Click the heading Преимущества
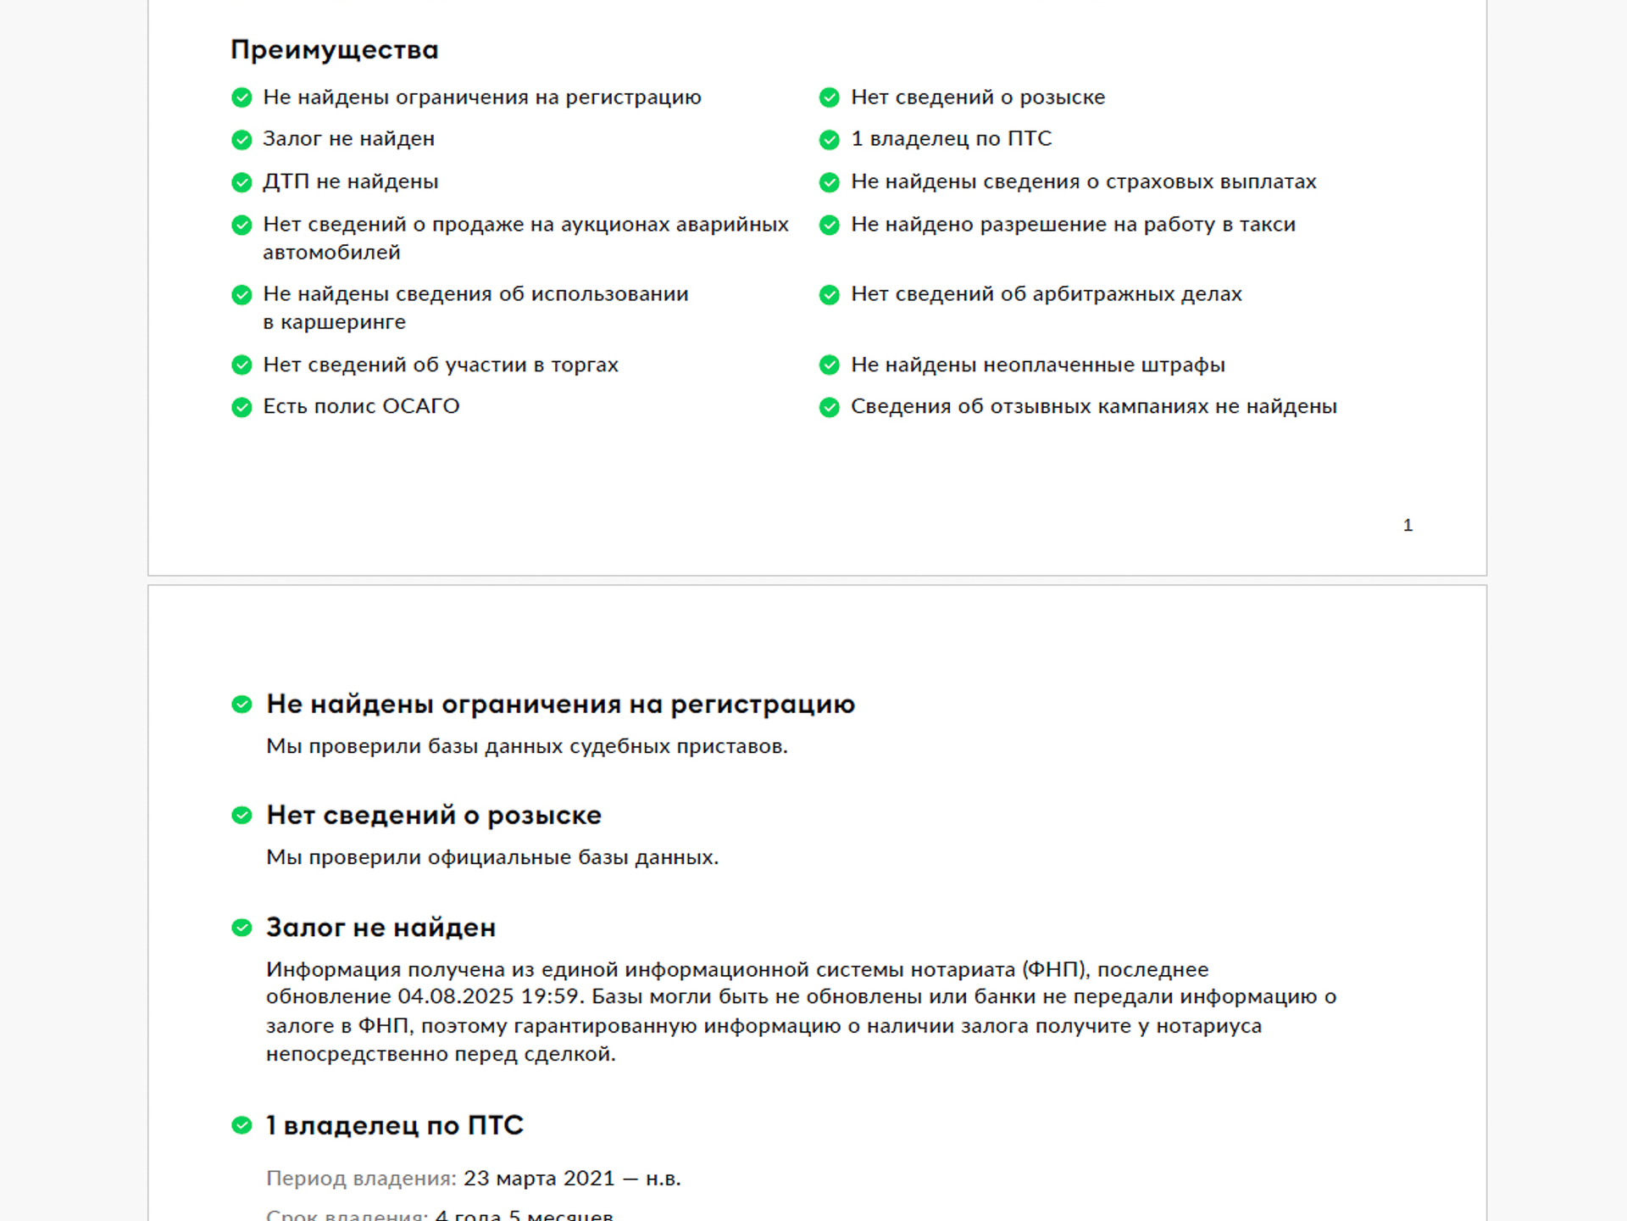pos(334,50)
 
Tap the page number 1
pos(1408,526)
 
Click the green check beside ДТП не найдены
pos(242,182)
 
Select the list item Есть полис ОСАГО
pos(361,407)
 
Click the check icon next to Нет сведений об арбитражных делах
pos(829,295)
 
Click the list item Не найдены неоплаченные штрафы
pos(1037,365)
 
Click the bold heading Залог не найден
pos(380,928)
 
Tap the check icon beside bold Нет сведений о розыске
pos(242,816)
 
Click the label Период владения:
pos(361,1179)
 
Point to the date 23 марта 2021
pos(539,1179)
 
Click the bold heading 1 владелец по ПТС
pos(395,1126)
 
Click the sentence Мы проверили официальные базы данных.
pos(491,858)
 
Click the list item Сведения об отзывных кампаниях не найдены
pos(1093,407)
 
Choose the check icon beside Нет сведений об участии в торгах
pos(242,365)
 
